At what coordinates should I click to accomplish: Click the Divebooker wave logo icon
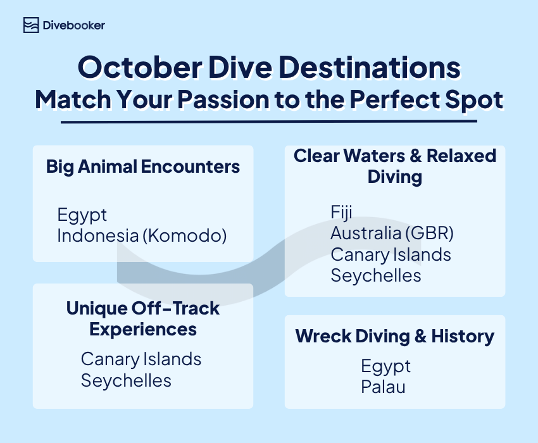coord(30,25)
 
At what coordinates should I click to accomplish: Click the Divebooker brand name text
coord(73,25)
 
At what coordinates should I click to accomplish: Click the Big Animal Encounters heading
coord(143,167)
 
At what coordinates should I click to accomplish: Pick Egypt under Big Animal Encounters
coord(82,215)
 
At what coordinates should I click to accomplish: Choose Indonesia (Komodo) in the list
coord(142,235)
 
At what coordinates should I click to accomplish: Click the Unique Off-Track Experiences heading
coord(143,319)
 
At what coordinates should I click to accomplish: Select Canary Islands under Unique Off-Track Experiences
coord(141,359)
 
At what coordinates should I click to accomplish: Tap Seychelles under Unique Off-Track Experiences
coord(126,380)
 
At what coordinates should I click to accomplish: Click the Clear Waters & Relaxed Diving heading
coord(395,166)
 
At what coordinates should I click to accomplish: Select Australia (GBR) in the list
coord(392,233)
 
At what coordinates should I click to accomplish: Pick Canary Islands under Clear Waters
coord(391,254)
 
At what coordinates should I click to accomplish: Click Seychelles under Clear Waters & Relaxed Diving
coord(375,275)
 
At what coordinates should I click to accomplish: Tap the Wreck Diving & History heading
coord(395,336)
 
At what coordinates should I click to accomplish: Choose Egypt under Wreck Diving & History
coord(385,366)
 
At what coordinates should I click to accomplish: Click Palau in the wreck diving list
coord(383,386)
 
